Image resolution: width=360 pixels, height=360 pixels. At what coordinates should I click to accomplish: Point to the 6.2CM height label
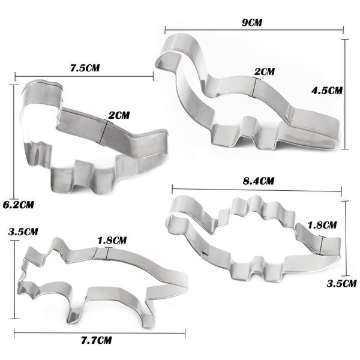click(17, 204)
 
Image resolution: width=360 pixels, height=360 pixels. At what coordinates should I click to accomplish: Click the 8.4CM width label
click(257, 180)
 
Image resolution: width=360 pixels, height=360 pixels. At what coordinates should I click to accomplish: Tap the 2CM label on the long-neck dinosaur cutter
click(265, 71)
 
